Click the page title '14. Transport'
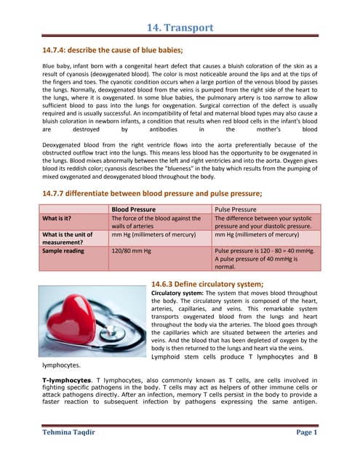tap(180, 28)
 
